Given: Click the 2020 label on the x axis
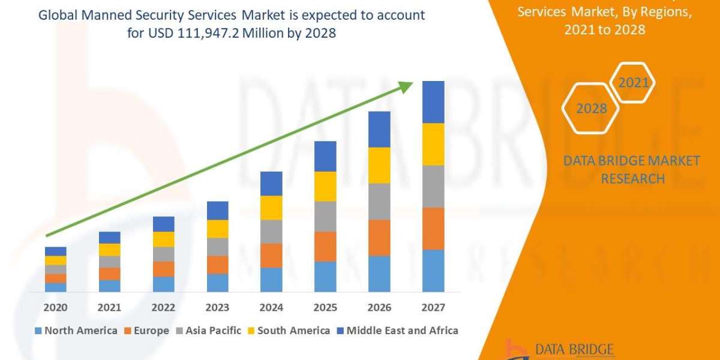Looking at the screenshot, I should [x=55, y=308].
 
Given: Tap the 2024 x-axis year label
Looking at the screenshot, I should [x=271, y=308].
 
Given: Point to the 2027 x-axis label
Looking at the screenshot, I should [x=433, y=308].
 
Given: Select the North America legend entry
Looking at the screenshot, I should [x=76, y=331].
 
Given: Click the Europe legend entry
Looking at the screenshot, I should [x=147, y=331].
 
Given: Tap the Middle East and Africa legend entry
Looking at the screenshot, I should [x=397, y=331].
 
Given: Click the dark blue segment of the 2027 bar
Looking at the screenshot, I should [x=433, y=102].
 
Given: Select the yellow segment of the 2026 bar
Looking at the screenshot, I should [x=379, y=165].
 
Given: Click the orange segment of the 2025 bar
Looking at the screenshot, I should [x=325, y=247].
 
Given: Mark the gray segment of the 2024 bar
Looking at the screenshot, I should [x=271, y=232].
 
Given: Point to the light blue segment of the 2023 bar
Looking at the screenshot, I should [x=217, y=283].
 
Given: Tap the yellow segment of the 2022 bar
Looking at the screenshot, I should [x=163, y=239].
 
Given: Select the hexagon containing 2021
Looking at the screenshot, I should [x=632, y=83].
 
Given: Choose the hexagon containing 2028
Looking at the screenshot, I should [x=590, y=109].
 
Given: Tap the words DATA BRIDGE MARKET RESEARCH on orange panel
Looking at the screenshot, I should [x=632, y=170].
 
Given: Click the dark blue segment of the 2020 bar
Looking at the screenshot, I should [x=55, y=251].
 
